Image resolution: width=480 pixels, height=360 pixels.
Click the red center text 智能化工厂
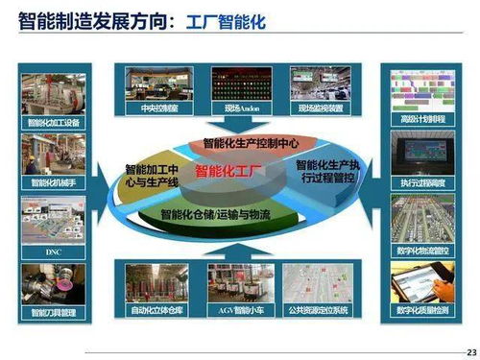coord(229,172)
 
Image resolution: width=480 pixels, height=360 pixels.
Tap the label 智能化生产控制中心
coord(252,143)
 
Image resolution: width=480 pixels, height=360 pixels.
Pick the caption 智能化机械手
coord(53,182)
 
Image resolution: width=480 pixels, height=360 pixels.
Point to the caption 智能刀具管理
coord(53,312)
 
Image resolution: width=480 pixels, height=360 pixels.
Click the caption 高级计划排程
coord(422,120)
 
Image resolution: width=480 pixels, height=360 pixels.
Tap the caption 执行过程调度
coord(422,182)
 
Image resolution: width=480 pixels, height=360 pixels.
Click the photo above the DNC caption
coord(53,220)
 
